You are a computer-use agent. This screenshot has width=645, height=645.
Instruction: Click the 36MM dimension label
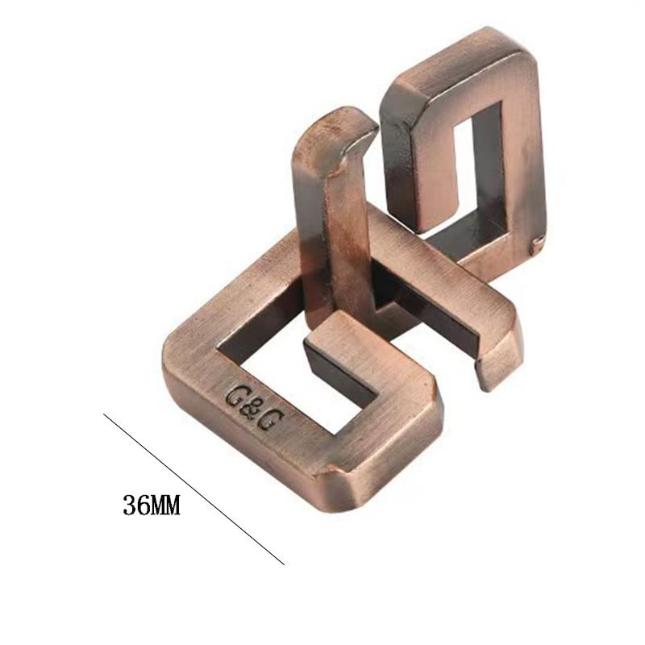pos(151,506)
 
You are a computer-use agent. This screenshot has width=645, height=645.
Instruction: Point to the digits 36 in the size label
pos(134,506)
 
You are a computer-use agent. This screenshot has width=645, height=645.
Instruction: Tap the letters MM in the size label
pos(165,506)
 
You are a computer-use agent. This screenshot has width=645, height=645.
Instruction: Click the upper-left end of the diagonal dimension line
pos(105,414)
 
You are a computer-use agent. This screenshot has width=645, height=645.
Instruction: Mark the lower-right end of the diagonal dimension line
pos(285,564)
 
